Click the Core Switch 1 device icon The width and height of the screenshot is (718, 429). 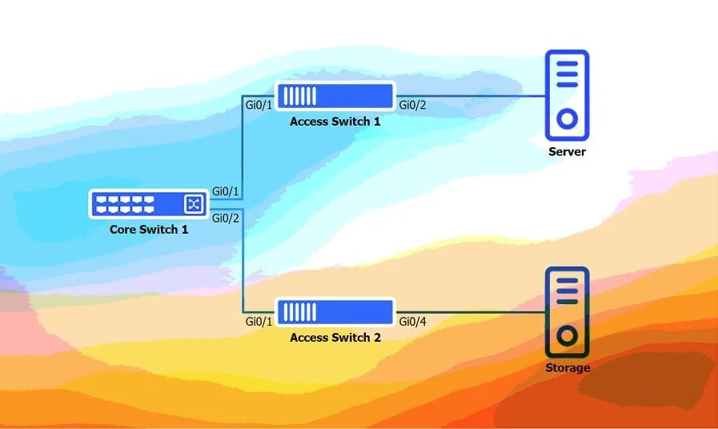(149, 204)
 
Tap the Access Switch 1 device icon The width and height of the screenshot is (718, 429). (335, 96)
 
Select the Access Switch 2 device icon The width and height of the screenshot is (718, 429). (335, 312)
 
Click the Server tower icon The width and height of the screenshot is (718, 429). (567, 95)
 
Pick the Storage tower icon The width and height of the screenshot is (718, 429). (567, 312)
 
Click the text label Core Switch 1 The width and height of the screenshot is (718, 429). (149, 230)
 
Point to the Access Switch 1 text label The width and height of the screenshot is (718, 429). (335, 122)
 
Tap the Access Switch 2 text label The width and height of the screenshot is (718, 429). (335, 338)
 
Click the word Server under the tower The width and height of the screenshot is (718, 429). (567, 151)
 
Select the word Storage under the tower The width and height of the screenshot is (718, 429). (568, 367)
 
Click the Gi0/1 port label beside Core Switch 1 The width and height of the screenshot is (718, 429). (225, 191)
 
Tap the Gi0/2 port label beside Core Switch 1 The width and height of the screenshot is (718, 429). (225, 219)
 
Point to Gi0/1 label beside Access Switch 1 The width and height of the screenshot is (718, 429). (259, 106)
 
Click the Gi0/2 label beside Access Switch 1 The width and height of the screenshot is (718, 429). (412, 106)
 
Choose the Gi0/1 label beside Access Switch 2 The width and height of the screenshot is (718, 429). (259, 322)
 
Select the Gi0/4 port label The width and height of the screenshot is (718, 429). (412, 322)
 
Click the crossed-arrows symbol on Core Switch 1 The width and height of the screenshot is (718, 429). (194, 204)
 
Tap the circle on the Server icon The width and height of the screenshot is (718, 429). (567, 119)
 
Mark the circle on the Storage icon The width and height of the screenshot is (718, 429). (567, 336)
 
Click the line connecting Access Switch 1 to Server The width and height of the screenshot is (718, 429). (471, 96)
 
